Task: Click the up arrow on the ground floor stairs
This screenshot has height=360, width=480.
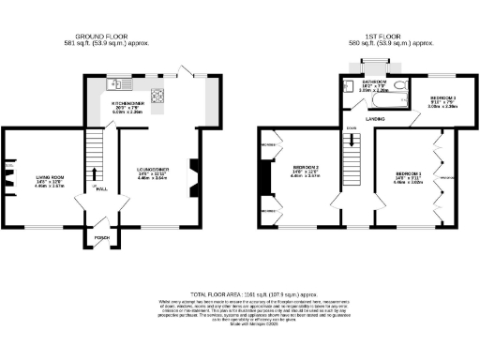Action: (95, 172)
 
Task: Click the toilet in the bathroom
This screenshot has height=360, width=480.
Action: (400, 88)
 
